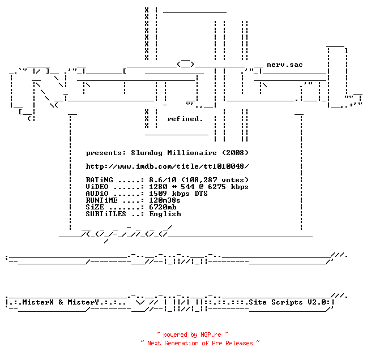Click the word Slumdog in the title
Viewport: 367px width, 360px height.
[147, 153]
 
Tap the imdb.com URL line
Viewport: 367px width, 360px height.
[167, 166]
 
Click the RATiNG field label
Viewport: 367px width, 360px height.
[99, 180]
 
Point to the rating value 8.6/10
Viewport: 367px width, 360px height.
[163, 180]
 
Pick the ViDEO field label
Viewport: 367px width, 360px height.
[97, 187]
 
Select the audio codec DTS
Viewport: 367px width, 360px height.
[201, 194]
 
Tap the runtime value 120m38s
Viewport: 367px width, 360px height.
[165, 200]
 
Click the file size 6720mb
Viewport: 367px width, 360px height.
[163, 207]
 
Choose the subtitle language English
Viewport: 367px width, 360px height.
[165, 214]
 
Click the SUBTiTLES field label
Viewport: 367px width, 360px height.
[106, 214]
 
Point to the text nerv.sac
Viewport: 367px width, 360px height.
[285, 65]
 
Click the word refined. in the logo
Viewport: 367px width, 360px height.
[185, 119]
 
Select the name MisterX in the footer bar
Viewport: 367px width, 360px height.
[38, 302]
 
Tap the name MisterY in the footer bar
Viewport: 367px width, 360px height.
[83, 302]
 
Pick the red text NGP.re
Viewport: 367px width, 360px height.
[211, 335]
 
